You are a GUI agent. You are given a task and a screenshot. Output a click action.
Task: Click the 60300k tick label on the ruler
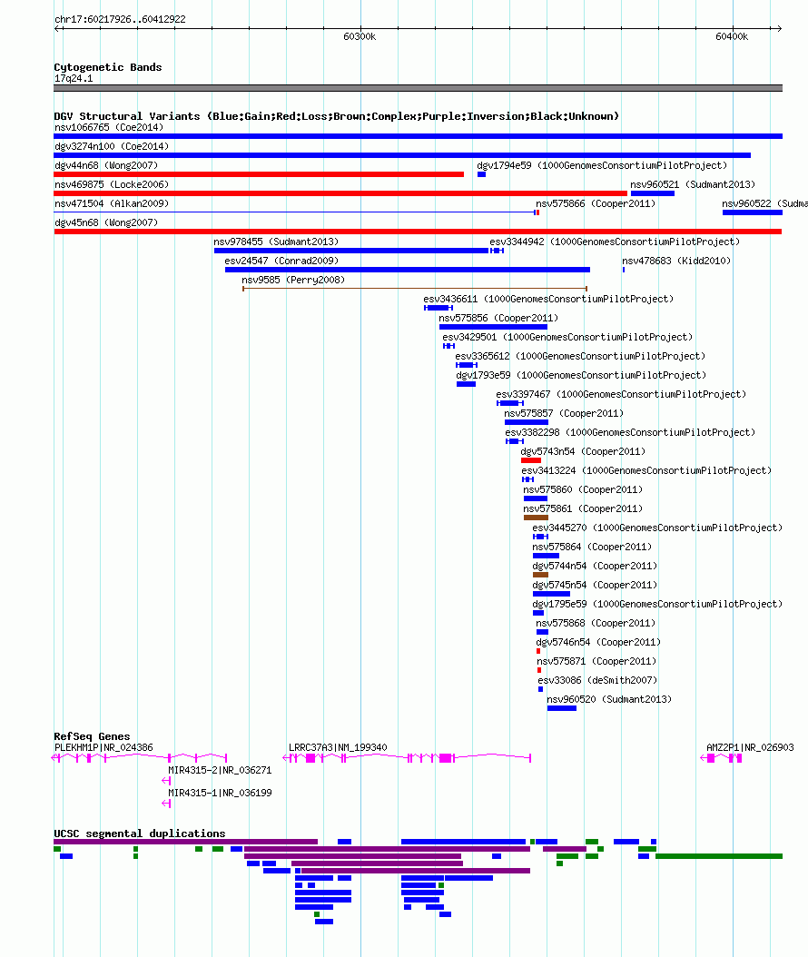click(360, 36)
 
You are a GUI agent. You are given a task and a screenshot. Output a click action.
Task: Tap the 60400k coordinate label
click(732, 36)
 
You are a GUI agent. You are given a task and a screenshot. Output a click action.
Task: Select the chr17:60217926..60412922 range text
click(120, 20)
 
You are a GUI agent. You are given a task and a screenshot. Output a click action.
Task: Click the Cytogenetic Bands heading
click(108, 67)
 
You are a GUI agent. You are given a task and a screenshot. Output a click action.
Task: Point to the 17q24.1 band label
click(74, 78)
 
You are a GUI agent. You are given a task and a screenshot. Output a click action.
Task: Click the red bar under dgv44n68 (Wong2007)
click(259, 174)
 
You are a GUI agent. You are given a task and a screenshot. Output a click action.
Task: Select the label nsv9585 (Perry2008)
click(293, 281)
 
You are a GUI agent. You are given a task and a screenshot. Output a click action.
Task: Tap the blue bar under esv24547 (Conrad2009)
click(408, 270)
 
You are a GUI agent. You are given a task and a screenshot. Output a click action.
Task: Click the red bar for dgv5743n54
click(531, 460)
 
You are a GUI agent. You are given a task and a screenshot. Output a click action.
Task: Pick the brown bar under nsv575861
click(536, 518)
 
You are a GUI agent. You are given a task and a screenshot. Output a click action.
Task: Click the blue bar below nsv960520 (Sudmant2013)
click(561, 708)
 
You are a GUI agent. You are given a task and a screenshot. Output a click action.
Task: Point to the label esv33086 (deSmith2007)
click(597, 680)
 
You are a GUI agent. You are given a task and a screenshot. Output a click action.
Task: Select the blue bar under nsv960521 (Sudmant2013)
click(653, 193)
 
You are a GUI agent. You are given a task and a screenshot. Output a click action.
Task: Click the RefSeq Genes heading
click(93, 736)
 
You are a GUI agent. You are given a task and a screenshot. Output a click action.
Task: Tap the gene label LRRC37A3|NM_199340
click(338, 747)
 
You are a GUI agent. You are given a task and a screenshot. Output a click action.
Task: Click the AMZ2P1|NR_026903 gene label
click(750, 747)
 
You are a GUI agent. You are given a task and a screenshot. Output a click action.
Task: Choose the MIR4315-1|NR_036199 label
click(220, 793)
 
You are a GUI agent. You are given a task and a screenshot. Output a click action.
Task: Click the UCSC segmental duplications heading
click(140, 834)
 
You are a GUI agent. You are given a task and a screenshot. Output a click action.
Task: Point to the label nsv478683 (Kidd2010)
click(676, 261)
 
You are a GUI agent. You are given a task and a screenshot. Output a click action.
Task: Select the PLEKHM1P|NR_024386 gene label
click(103, 747)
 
